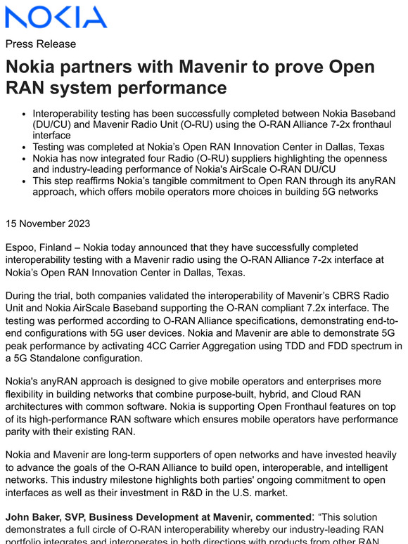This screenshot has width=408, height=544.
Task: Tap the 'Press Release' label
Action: (40, 44)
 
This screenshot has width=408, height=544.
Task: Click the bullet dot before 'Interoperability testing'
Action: (25, 113)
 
